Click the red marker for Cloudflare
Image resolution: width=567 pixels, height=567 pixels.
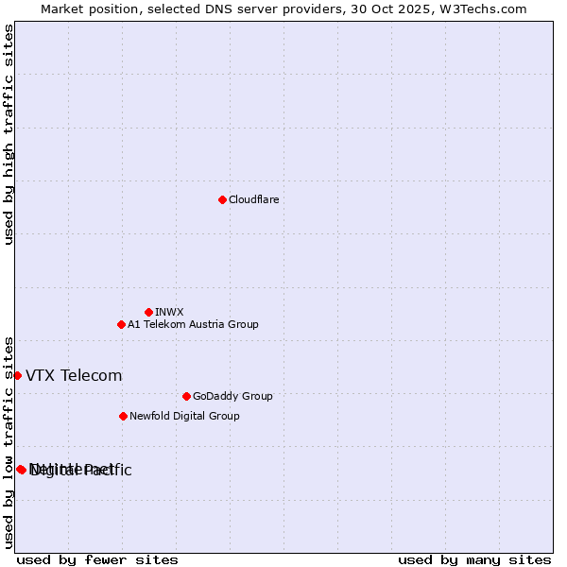point(222,199)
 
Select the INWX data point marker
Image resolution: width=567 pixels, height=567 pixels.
point(148,312)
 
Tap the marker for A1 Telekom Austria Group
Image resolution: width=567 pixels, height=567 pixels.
point(121,324)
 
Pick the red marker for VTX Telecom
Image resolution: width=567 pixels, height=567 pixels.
point(17,375)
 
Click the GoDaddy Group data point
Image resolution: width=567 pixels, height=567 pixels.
point(186,396)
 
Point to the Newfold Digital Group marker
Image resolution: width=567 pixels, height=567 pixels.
point(123,416)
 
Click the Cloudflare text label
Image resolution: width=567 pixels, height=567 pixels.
point(254,199)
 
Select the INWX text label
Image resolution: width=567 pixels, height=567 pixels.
point(169,312)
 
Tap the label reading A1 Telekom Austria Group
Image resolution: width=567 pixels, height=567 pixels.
point(193,324)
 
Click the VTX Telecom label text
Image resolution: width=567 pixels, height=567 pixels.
point(74,375)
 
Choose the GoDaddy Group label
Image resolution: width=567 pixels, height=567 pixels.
point(232,396)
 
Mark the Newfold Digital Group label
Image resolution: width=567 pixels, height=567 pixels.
point(184,416)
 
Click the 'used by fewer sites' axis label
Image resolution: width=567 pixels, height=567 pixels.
point(97,559)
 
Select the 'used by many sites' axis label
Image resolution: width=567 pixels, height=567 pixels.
point(474,559)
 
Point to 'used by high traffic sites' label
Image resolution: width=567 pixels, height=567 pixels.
point(9,134)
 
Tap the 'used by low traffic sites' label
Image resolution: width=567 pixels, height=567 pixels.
point(9,441)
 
